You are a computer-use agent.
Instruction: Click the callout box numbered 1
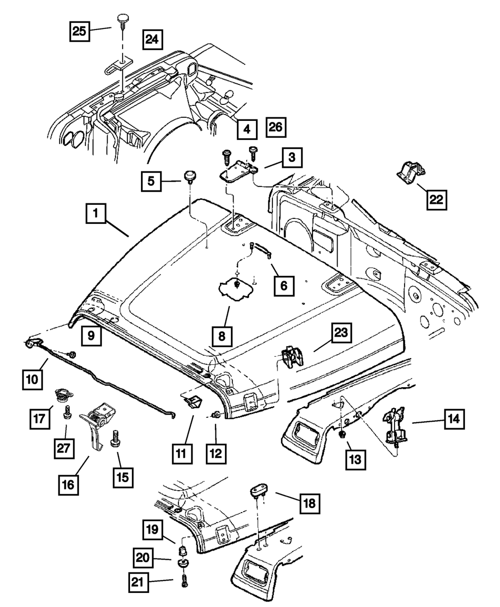click(95, 215)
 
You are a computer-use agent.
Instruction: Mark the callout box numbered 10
click(31, 379)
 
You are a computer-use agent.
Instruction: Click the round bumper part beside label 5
click(190, 177)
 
